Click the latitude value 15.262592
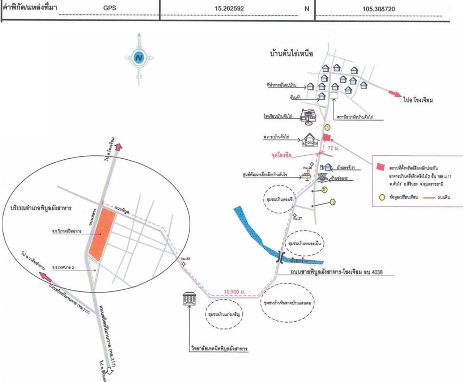coord(229,9)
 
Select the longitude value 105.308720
coord(379,9)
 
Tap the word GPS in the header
coord(110,8)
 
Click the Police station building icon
coord(309,140)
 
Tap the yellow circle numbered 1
coord(327,127)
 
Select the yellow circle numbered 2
coord(324,189)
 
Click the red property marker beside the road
coord(326,137)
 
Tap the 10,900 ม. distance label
coord(235,291)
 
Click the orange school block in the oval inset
coord(101,234)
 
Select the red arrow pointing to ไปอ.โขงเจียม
coord(395,93)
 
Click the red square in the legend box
coord(381,167)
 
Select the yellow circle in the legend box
coord(382,198)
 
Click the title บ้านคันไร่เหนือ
coord(291,54)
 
